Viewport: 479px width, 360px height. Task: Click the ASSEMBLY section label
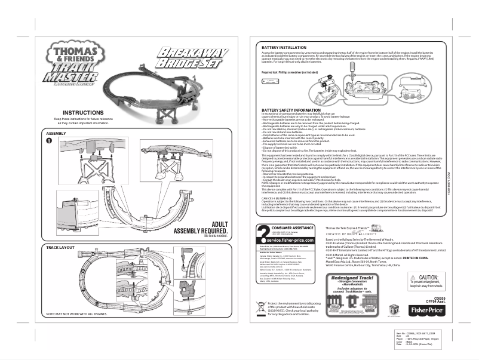click(56, 133)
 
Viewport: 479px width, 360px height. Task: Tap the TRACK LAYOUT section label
click(60, 247)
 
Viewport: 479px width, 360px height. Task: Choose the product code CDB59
click(440, 297)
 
